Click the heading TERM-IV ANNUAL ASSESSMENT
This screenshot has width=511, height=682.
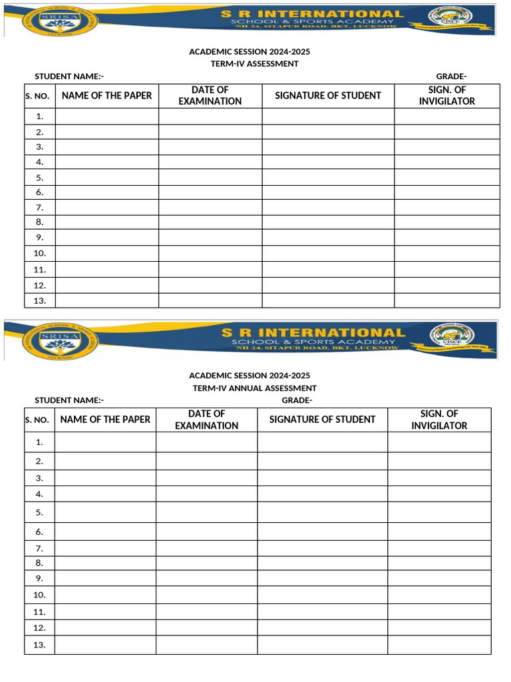[254, 388]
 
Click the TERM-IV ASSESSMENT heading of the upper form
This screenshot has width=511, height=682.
[254, 64]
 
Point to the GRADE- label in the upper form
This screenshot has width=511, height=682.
[450, 77]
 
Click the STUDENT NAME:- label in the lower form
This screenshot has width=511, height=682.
[69, 400]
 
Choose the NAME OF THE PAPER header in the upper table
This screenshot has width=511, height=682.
[106, 95]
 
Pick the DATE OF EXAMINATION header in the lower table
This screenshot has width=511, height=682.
[206, 420]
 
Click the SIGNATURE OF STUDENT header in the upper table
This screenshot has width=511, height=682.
[328, 95]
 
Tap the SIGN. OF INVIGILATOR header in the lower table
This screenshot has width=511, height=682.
[439, 420]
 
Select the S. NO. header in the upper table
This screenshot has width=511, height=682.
[37, 96]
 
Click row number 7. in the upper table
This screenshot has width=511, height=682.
[40, 208]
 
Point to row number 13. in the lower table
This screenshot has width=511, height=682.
[39, 645]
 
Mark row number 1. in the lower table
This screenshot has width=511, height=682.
[40, 442]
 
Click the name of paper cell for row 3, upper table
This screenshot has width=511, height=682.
[106, 147]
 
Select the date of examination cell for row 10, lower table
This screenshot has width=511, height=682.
[206, 595]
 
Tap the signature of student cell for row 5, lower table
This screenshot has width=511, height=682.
[322, 512]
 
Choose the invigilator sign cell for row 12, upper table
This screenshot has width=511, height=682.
[446, 285]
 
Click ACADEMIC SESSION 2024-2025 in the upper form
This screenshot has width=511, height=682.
[250, 51]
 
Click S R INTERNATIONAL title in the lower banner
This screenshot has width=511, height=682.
[312, 332]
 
